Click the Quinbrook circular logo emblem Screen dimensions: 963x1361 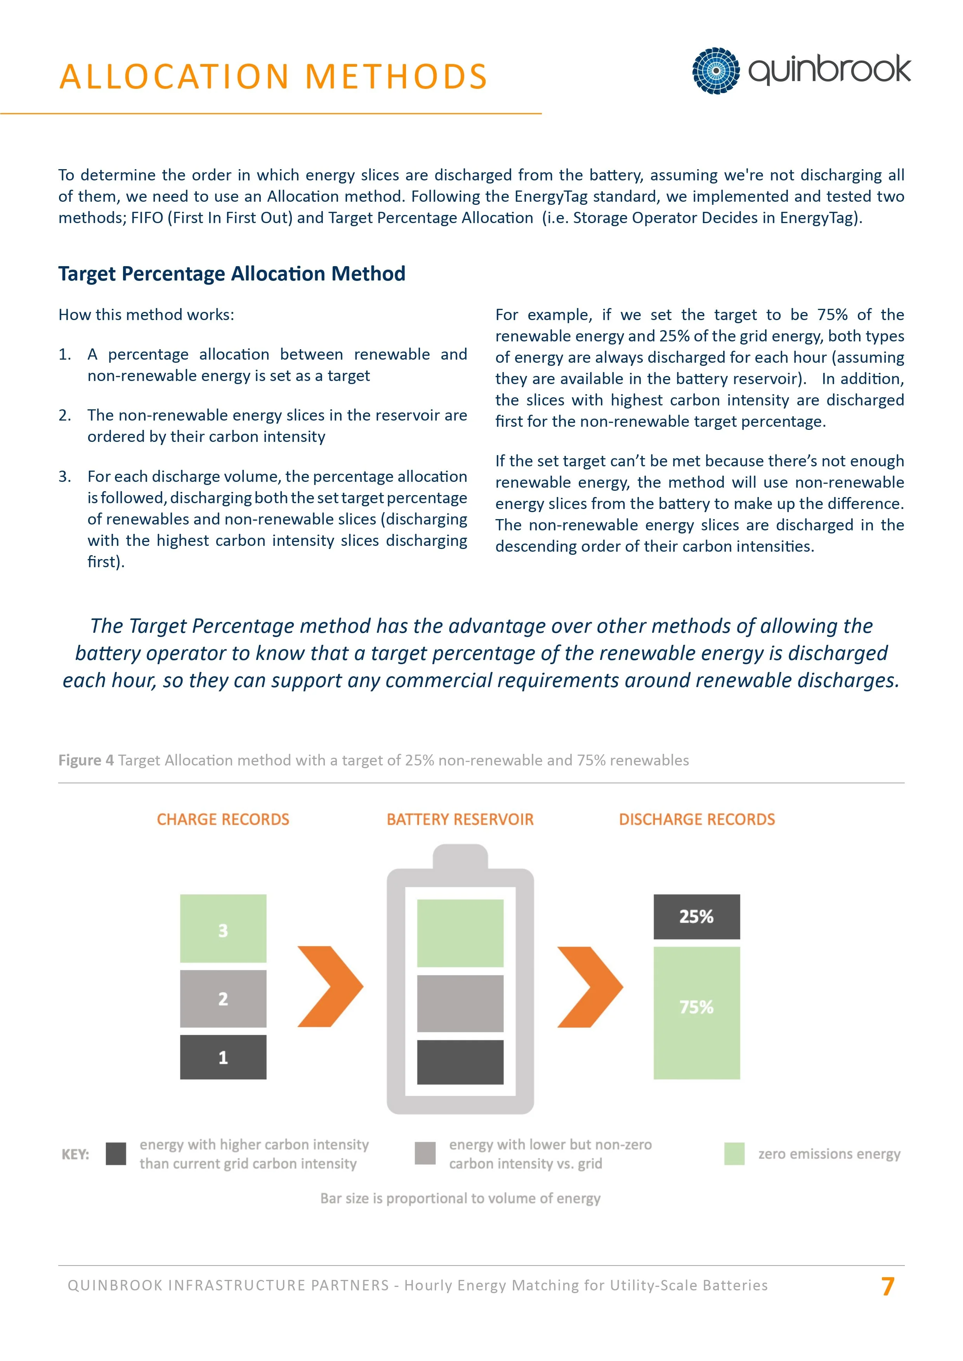[716, 71]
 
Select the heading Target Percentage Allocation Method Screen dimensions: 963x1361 [232, 274]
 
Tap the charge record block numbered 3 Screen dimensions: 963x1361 [223, 928]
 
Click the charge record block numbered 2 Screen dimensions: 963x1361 [223, 999]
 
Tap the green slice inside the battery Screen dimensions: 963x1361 [460, 933]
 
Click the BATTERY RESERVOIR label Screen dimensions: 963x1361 [460, 819]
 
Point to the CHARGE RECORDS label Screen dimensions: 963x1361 [223, 819]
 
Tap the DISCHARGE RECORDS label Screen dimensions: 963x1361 [697, 819]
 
